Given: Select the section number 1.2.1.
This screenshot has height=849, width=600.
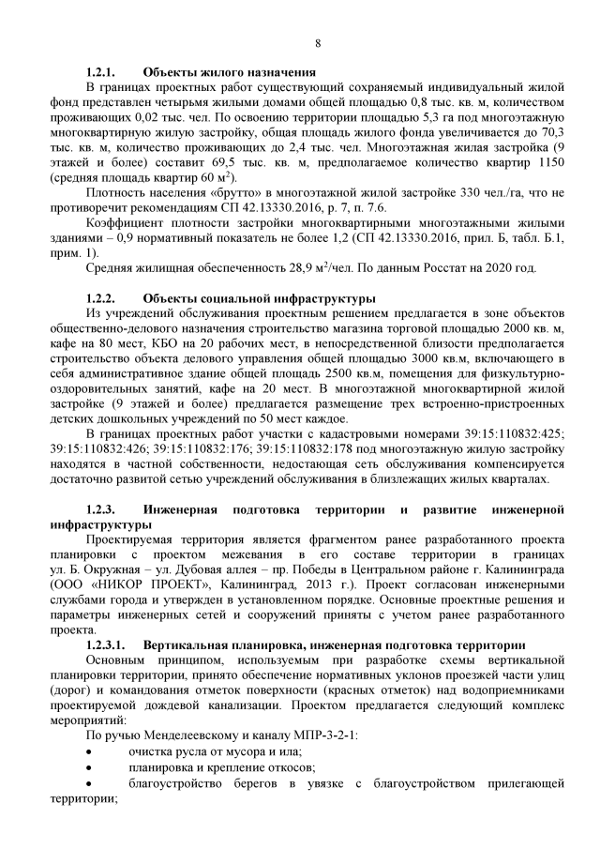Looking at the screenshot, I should pos(99,72).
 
